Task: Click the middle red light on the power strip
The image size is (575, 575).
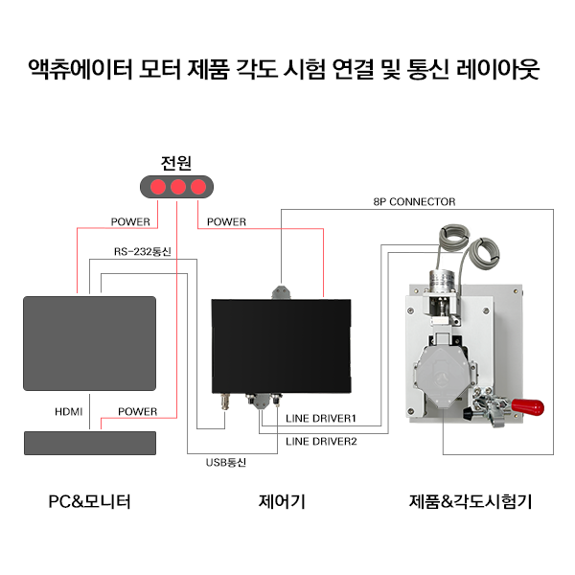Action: click(178, 187)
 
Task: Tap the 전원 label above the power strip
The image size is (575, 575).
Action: click(176, 163)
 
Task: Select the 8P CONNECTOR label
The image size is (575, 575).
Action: click(414, 201)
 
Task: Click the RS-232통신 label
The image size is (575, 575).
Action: click(142, 251)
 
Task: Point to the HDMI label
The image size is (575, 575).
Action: click(69, 412)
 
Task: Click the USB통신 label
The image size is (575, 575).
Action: click(226, 463)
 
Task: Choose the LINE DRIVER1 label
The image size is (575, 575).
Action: click(321, 419)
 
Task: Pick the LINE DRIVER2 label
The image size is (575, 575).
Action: click(321, 442)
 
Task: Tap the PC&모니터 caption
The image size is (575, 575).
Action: click(89, 501)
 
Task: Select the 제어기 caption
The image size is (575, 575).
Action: click(282, 501)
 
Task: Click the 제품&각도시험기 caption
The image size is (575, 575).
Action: click(471, 501)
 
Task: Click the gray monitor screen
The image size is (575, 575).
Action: click(89, 344)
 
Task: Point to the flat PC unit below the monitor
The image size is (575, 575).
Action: click(90, 444)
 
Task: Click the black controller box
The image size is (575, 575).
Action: click(281, 346)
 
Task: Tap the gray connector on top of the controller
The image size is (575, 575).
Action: click(281, 292)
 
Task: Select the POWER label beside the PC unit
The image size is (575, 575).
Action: click(137, 412)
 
